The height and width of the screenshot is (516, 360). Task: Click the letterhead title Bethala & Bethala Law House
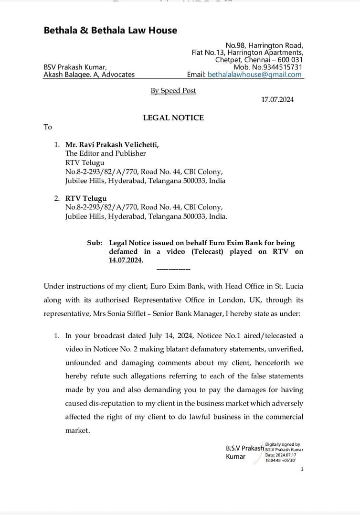pyautogui.click(x=110, y=30)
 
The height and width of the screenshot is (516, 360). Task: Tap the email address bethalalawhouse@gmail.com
pyautogui.click(x=254, y=75)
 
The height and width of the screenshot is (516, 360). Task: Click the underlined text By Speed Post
pyautogui.click(x=173, y=90)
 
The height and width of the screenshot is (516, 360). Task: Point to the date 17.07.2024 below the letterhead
pyautogui.click(x=277, y=99)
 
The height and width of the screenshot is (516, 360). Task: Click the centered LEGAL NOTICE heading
pyautogui.click(x=173, y=118)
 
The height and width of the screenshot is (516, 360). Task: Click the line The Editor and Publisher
pyautogui.click(x=106, y=153)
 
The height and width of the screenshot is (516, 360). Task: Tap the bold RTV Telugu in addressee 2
pyautogui.click(x=86, y=198)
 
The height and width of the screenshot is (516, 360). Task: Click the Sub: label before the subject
pyautogui.click(x=95, y=243)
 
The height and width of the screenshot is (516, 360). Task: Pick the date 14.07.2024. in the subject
pyautogui.click(x=126, y=260)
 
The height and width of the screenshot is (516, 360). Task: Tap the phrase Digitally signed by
pyautogui.click(x=283, y=444)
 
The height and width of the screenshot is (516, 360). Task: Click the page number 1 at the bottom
pyautogui.click(x=302, y=469)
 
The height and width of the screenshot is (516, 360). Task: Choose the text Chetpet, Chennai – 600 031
pyautogui.click(x=259, y=60)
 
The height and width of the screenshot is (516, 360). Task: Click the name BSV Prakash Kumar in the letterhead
pyautogui.click(x=75, y=67)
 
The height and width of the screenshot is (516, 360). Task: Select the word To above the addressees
pyautogui.click(x=48, y=127)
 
